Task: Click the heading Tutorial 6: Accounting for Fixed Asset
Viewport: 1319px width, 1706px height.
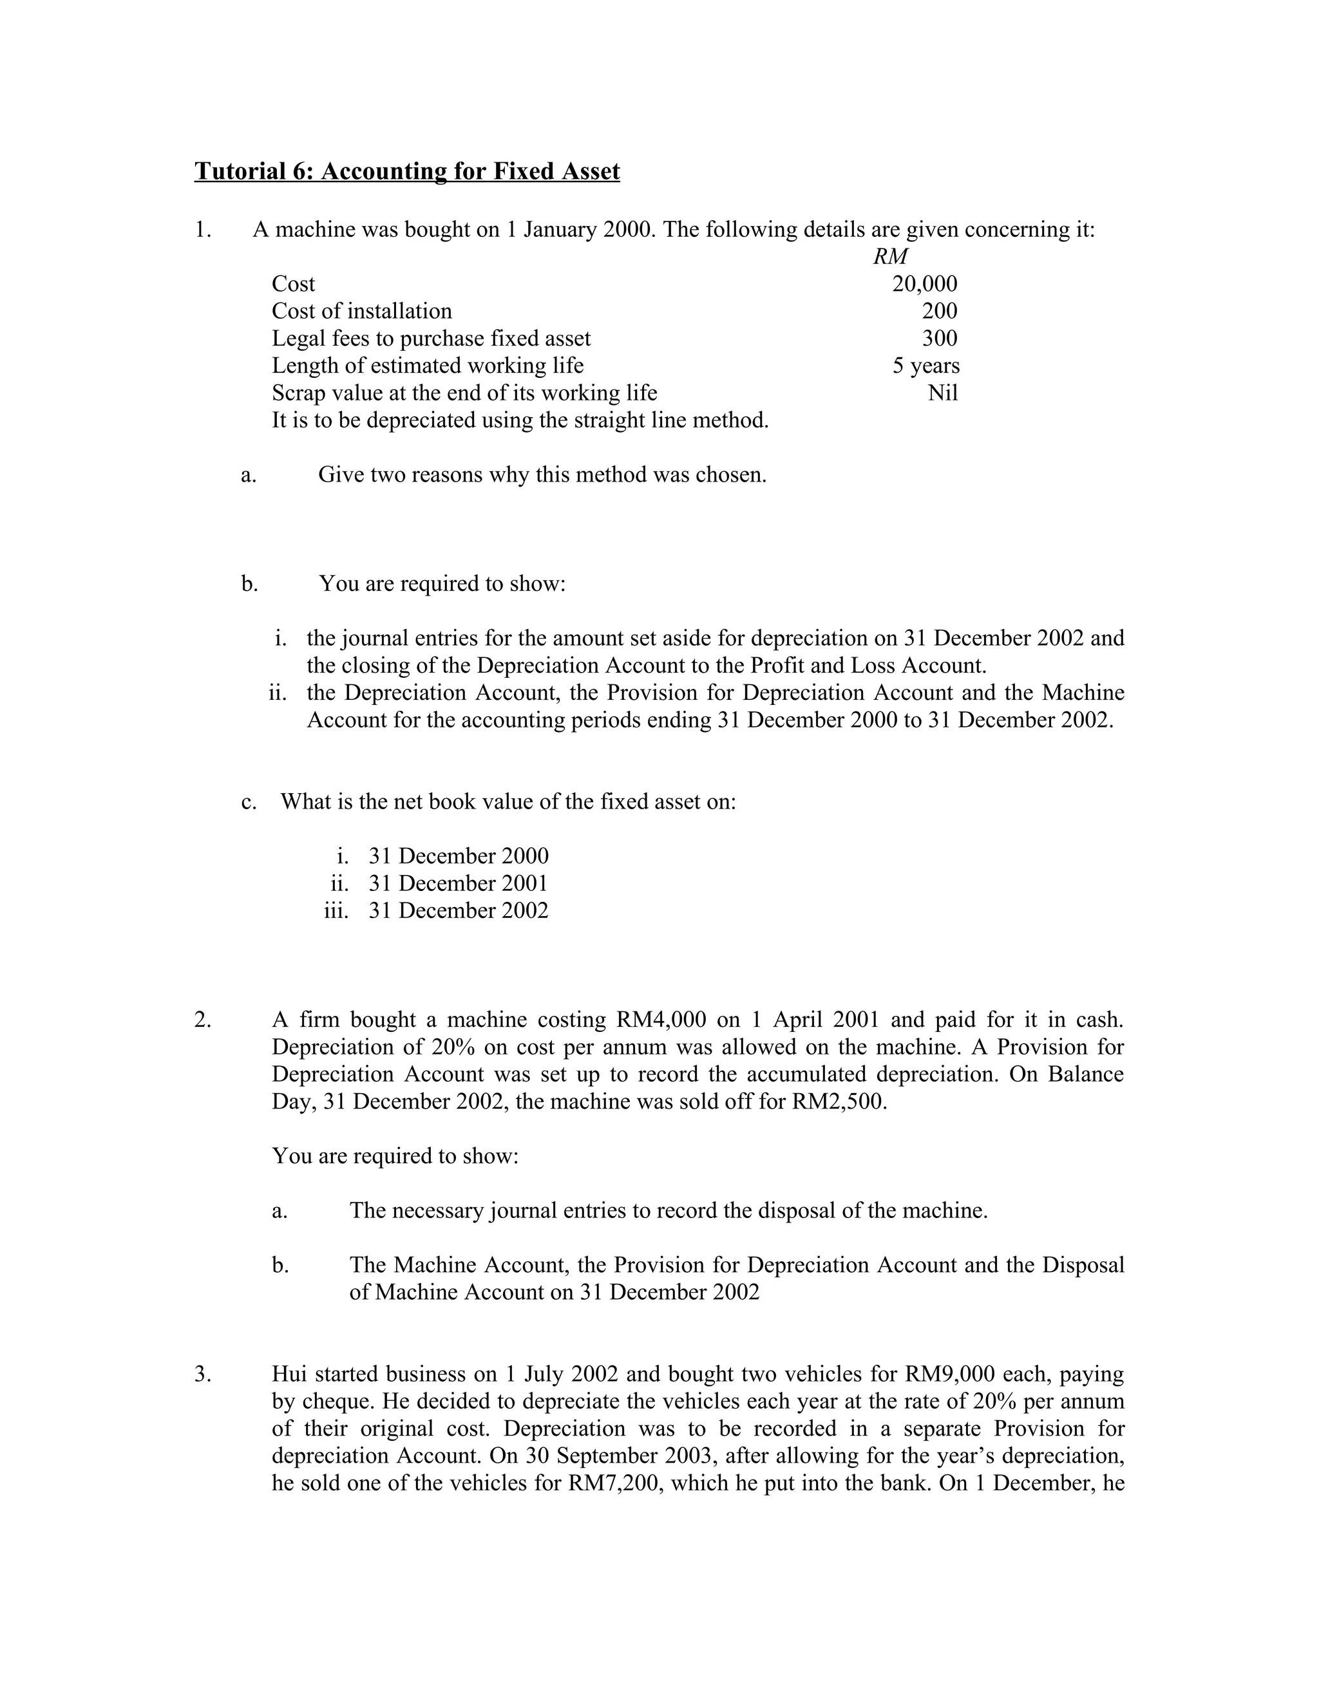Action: pos(406,171)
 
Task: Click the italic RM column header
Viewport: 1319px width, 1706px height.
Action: pos(890,256)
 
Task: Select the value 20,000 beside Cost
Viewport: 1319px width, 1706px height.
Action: pos(924,283)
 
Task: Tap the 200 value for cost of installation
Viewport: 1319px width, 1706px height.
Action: pos(939,311)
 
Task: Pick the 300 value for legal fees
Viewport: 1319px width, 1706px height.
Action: pos(939,338)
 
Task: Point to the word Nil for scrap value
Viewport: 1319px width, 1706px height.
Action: pos(942,393)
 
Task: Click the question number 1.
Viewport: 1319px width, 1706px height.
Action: pos(202,230)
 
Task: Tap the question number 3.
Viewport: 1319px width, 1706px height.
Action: pos(202,1374)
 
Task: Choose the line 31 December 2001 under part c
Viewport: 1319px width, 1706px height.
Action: pos(458,883)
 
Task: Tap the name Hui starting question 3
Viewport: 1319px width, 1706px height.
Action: pos(289,1374)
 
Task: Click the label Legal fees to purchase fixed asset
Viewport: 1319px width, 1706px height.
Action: pos(431,338)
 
